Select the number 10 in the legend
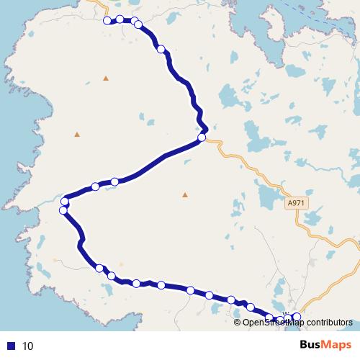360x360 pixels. coord(28,346)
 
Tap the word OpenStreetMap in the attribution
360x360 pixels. coord(271,322)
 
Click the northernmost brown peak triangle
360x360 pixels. coord(106,78)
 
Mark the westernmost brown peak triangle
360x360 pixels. coord(77,134)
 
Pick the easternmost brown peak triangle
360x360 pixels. coord(185,194)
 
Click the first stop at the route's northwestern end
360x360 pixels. coord(107,21)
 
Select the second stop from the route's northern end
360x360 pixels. coord(120,19)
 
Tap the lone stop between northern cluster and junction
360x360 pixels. coord(161,49)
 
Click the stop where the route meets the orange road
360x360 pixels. coord(202,137)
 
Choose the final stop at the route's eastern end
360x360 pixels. coord(296,317)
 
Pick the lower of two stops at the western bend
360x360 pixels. coord(63,210)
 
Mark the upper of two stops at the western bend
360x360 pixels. coord(65,201)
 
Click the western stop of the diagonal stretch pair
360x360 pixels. coord(95,186)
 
